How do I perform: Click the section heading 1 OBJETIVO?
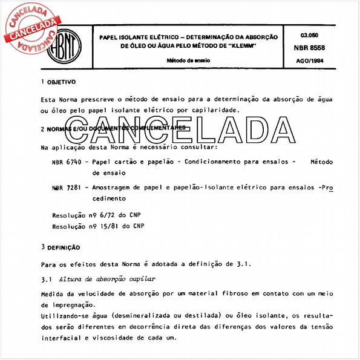58,81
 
